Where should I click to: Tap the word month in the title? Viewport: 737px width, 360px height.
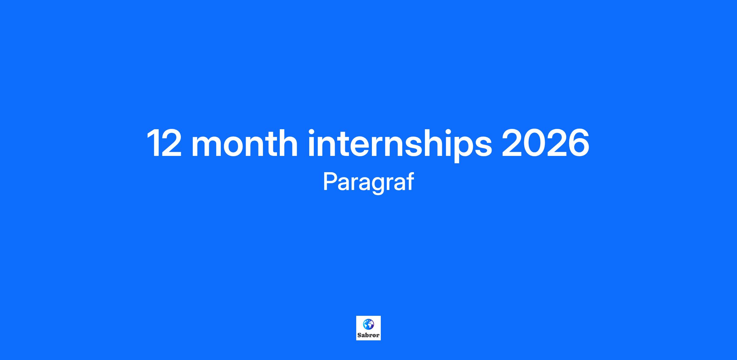click(x=244, y=143)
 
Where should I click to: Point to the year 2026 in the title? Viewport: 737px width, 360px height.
click(x=545, y=143)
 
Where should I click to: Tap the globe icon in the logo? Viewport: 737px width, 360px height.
click(x=368, y=324)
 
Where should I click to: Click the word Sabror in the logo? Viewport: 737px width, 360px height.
click(x=368, y=335)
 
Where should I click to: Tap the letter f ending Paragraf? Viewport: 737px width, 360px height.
click(x=410, y=181)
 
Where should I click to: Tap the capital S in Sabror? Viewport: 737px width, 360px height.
click(x=359, y=335)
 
